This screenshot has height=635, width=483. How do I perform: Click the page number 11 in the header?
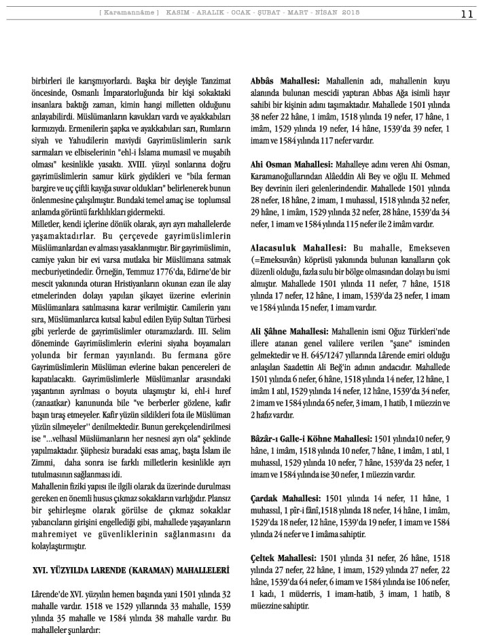467,14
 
